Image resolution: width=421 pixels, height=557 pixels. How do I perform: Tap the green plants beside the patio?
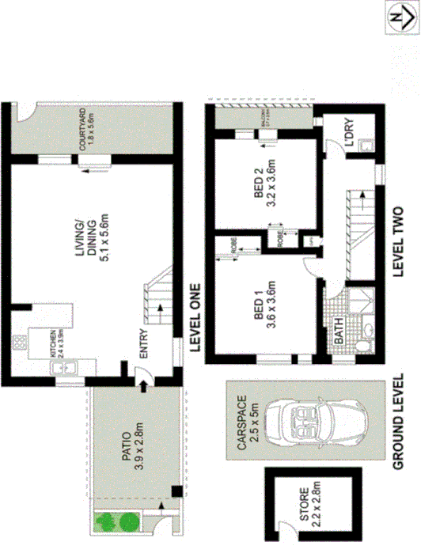click(x=115, y=521)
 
